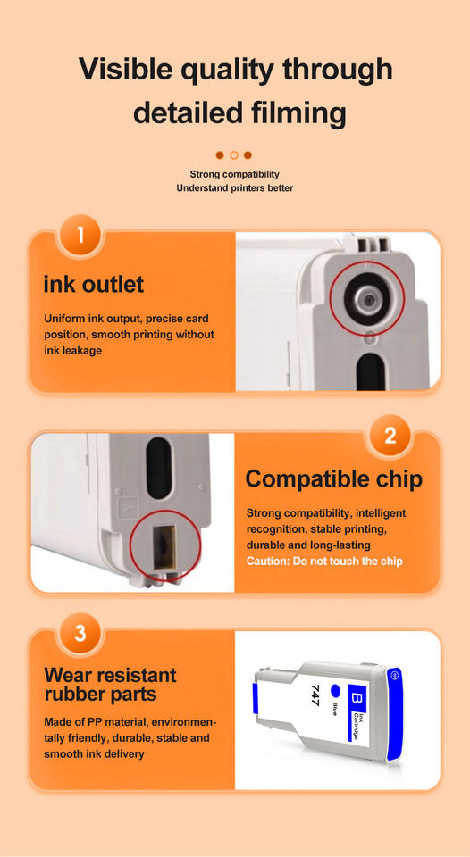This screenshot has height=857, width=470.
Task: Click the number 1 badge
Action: pos(80,236)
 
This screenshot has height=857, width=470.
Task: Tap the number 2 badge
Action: pos(390,437)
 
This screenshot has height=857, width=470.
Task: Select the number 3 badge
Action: pos(80,634)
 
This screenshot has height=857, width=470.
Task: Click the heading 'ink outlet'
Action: pos(94,284)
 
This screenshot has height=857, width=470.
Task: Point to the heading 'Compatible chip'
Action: pos(334,479)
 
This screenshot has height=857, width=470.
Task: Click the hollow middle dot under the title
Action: pos(233,155)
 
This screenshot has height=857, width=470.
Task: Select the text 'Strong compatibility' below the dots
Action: pos(234,174)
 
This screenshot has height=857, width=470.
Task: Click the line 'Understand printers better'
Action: pos(234,188)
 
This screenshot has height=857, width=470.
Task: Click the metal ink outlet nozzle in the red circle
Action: pos(366,299)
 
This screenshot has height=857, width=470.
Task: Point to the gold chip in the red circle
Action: pos(164,547)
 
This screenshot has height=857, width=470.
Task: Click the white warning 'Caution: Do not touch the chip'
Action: pos(324,562)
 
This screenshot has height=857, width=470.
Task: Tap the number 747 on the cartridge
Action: pos(315,695)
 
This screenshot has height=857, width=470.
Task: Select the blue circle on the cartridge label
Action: pos(336,692)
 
